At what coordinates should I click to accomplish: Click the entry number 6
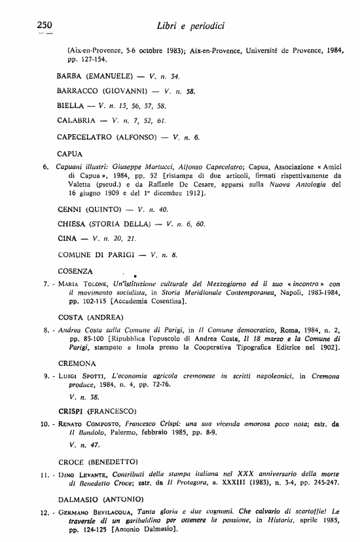(45, 167)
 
